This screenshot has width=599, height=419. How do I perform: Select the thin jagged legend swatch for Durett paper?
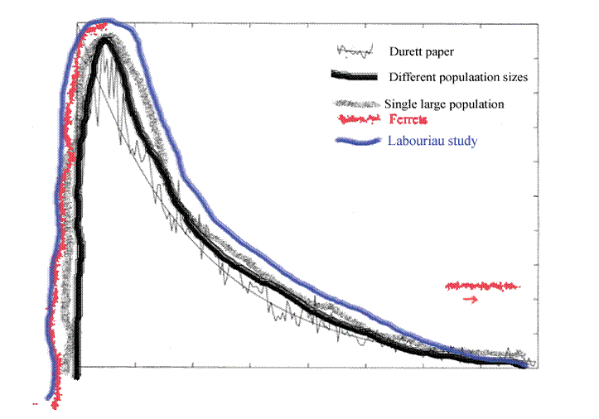tap(355, 51)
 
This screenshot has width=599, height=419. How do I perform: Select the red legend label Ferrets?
tap(405, 121)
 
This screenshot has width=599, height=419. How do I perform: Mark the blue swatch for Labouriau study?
tap(359, 141)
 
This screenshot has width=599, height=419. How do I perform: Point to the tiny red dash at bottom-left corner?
tap(35, 404)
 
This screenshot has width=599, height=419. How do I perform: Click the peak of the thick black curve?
tap(105, 40)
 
